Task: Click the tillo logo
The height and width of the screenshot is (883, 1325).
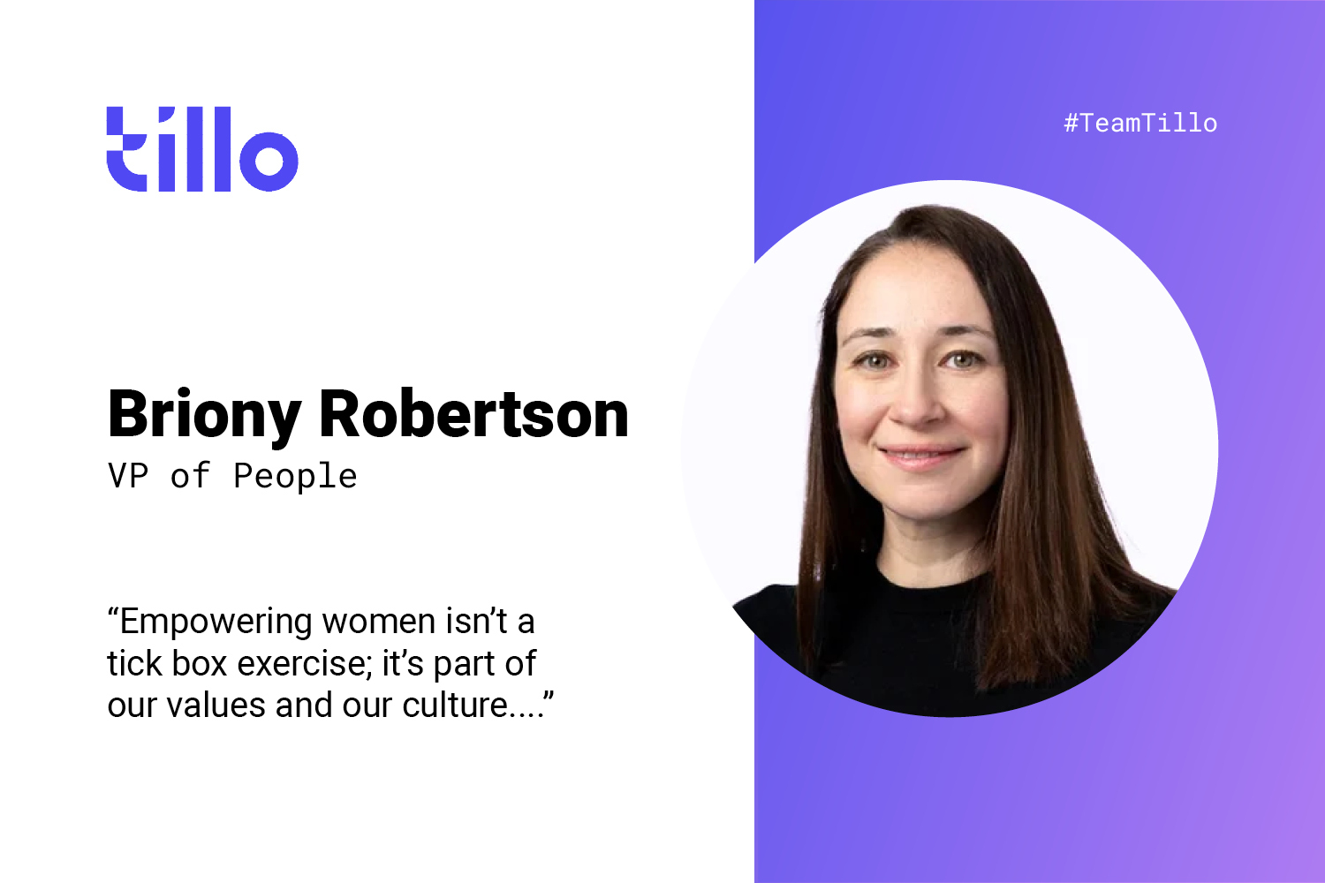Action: point(202,149)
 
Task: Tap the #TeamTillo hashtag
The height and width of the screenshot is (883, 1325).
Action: point(1140,124)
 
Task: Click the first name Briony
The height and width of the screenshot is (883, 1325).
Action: point(205,416)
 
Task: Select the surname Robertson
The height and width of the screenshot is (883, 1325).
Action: point(473,413)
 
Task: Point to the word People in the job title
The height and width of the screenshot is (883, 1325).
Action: point(295,476)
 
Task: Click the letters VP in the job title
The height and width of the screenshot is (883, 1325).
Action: point(128,475)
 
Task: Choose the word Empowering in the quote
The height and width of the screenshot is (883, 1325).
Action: point(216,623)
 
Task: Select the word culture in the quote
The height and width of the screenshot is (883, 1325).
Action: point(455,705)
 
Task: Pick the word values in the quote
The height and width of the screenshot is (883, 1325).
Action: point(216,705)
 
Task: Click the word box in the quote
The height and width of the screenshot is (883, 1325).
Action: point(200,664)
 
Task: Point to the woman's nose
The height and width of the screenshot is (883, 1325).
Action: point(917,402)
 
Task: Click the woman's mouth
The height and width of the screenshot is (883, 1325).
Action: point(920,456)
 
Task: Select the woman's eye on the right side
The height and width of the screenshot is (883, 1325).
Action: point(963,358)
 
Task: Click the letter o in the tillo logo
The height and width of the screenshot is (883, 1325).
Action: point(269,161)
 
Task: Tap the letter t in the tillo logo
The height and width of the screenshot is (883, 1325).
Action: point(126,149)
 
